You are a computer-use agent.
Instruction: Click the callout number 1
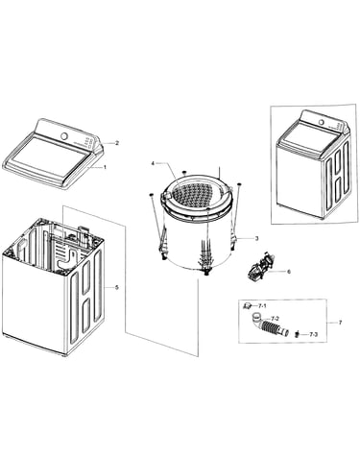click(105, 167)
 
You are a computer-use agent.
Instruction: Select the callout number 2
click(117, 143)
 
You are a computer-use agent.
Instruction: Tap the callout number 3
click(256, 238)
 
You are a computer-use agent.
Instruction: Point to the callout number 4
click(153, 163)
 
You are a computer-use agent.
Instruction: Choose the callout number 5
click(117, 287)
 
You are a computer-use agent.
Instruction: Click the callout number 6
click(289, 272)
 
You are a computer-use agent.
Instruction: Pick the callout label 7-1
click(262, 306)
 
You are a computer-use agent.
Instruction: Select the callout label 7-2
click(275, 319)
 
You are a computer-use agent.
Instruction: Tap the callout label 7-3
click(313, 335)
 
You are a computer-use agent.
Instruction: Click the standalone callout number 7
click(340, 323)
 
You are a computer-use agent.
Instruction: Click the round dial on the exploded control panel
click(64, 136)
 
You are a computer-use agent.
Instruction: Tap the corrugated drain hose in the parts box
click(272, 327)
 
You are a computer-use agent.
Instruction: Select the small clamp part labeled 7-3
click(297, 334)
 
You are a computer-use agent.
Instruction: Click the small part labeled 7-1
click(247, 306)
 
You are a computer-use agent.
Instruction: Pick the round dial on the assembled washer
click(321, 123)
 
